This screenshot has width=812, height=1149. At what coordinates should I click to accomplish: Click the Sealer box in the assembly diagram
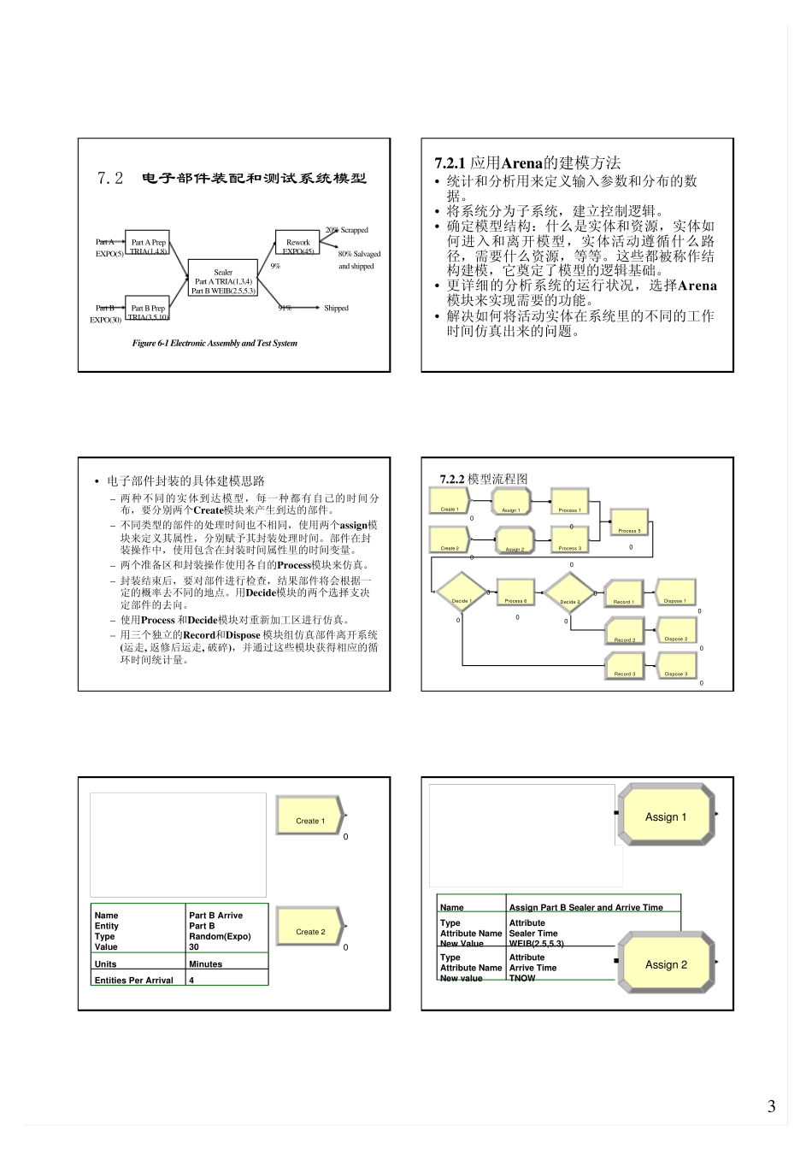point(223,279)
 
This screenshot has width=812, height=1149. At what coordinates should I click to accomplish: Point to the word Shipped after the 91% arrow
point(336,309)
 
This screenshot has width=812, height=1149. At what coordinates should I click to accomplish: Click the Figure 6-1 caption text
point(215,344)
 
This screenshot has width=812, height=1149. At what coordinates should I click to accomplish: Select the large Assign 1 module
point(666,816)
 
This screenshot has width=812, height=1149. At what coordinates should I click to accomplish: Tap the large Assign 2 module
point(666,964)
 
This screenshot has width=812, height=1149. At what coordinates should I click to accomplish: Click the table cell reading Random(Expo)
point(220,936)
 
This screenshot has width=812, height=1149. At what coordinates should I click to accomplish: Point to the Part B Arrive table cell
point(215,916)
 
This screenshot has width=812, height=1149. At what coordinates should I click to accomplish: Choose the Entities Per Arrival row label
point(134,981)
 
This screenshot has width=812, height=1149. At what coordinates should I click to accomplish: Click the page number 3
point(771,1106)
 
